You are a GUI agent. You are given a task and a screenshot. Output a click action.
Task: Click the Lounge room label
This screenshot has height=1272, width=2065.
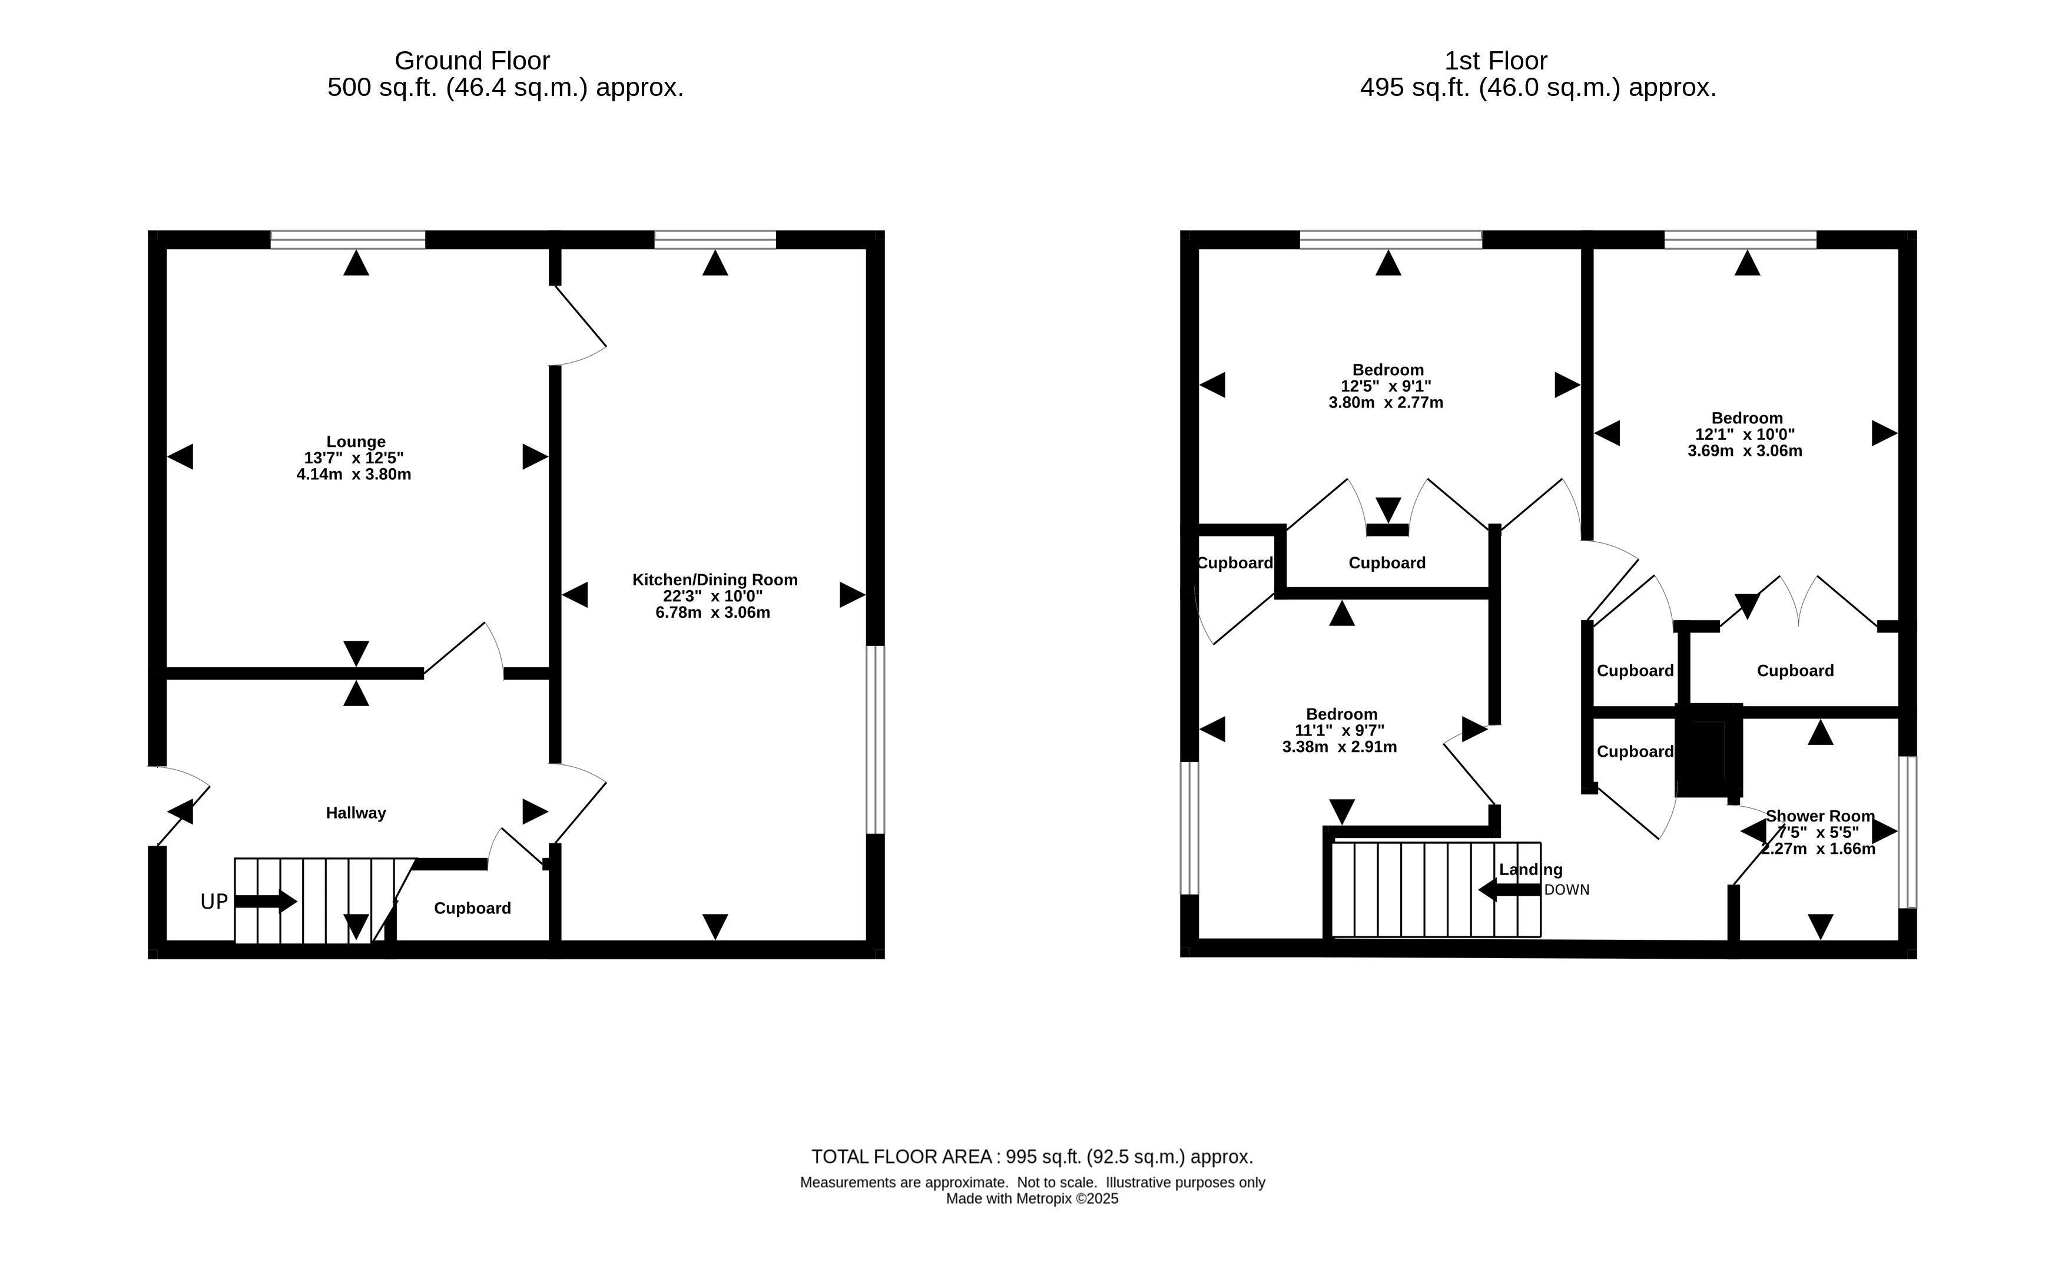(x=356, y=442)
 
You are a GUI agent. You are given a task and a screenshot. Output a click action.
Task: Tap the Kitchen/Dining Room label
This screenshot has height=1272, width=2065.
(x=714, y=579)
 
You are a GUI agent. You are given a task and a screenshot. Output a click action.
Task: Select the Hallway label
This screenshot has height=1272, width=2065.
(x=356, y=813)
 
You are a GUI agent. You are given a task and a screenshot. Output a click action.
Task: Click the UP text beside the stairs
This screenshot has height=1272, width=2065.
(x=214, y=902)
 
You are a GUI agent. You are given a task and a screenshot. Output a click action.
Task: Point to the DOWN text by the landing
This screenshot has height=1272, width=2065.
(x=1566, y=890)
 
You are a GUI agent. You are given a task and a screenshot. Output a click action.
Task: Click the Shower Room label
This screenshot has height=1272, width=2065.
(x=1819, y=816)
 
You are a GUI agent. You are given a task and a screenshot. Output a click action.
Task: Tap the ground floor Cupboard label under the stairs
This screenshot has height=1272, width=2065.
(x=472, y=909)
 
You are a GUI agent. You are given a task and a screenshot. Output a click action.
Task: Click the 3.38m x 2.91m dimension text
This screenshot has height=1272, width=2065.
(x=1339, y=747)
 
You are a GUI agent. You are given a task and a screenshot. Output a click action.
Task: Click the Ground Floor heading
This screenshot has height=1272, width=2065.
(x=472, y=61)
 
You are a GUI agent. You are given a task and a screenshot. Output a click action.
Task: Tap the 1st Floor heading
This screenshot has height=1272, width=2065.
(x=1496, y=61)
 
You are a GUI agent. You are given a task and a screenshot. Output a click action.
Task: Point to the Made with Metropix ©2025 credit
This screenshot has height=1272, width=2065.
(x=1032, y=1199)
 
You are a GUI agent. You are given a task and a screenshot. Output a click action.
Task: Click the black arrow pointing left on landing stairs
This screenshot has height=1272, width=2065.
(x=1509, y=890)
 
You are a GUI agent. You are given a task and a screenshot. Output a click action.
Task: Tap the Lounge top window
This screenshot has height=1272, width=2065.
(x=347, y=240)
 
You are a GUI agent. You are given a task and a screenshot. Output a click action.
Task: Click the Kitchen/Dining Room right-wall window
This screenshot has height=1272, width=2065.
(x=876, y=740)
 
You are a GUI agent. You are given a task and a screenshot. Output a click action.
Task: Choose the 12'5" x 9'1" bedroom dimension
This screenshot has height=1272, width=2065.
(x=1385, y=386)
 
